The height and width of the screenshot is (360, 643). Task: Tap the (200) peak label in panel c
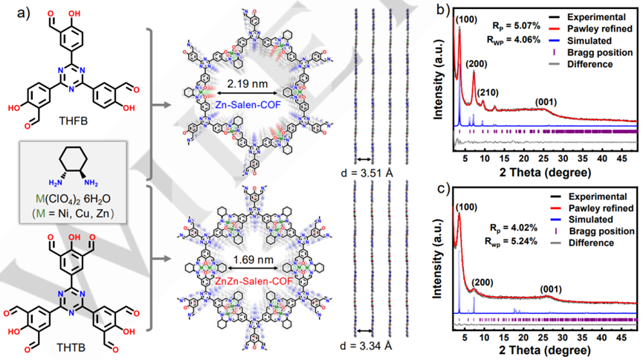click(x=484, y=284)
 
